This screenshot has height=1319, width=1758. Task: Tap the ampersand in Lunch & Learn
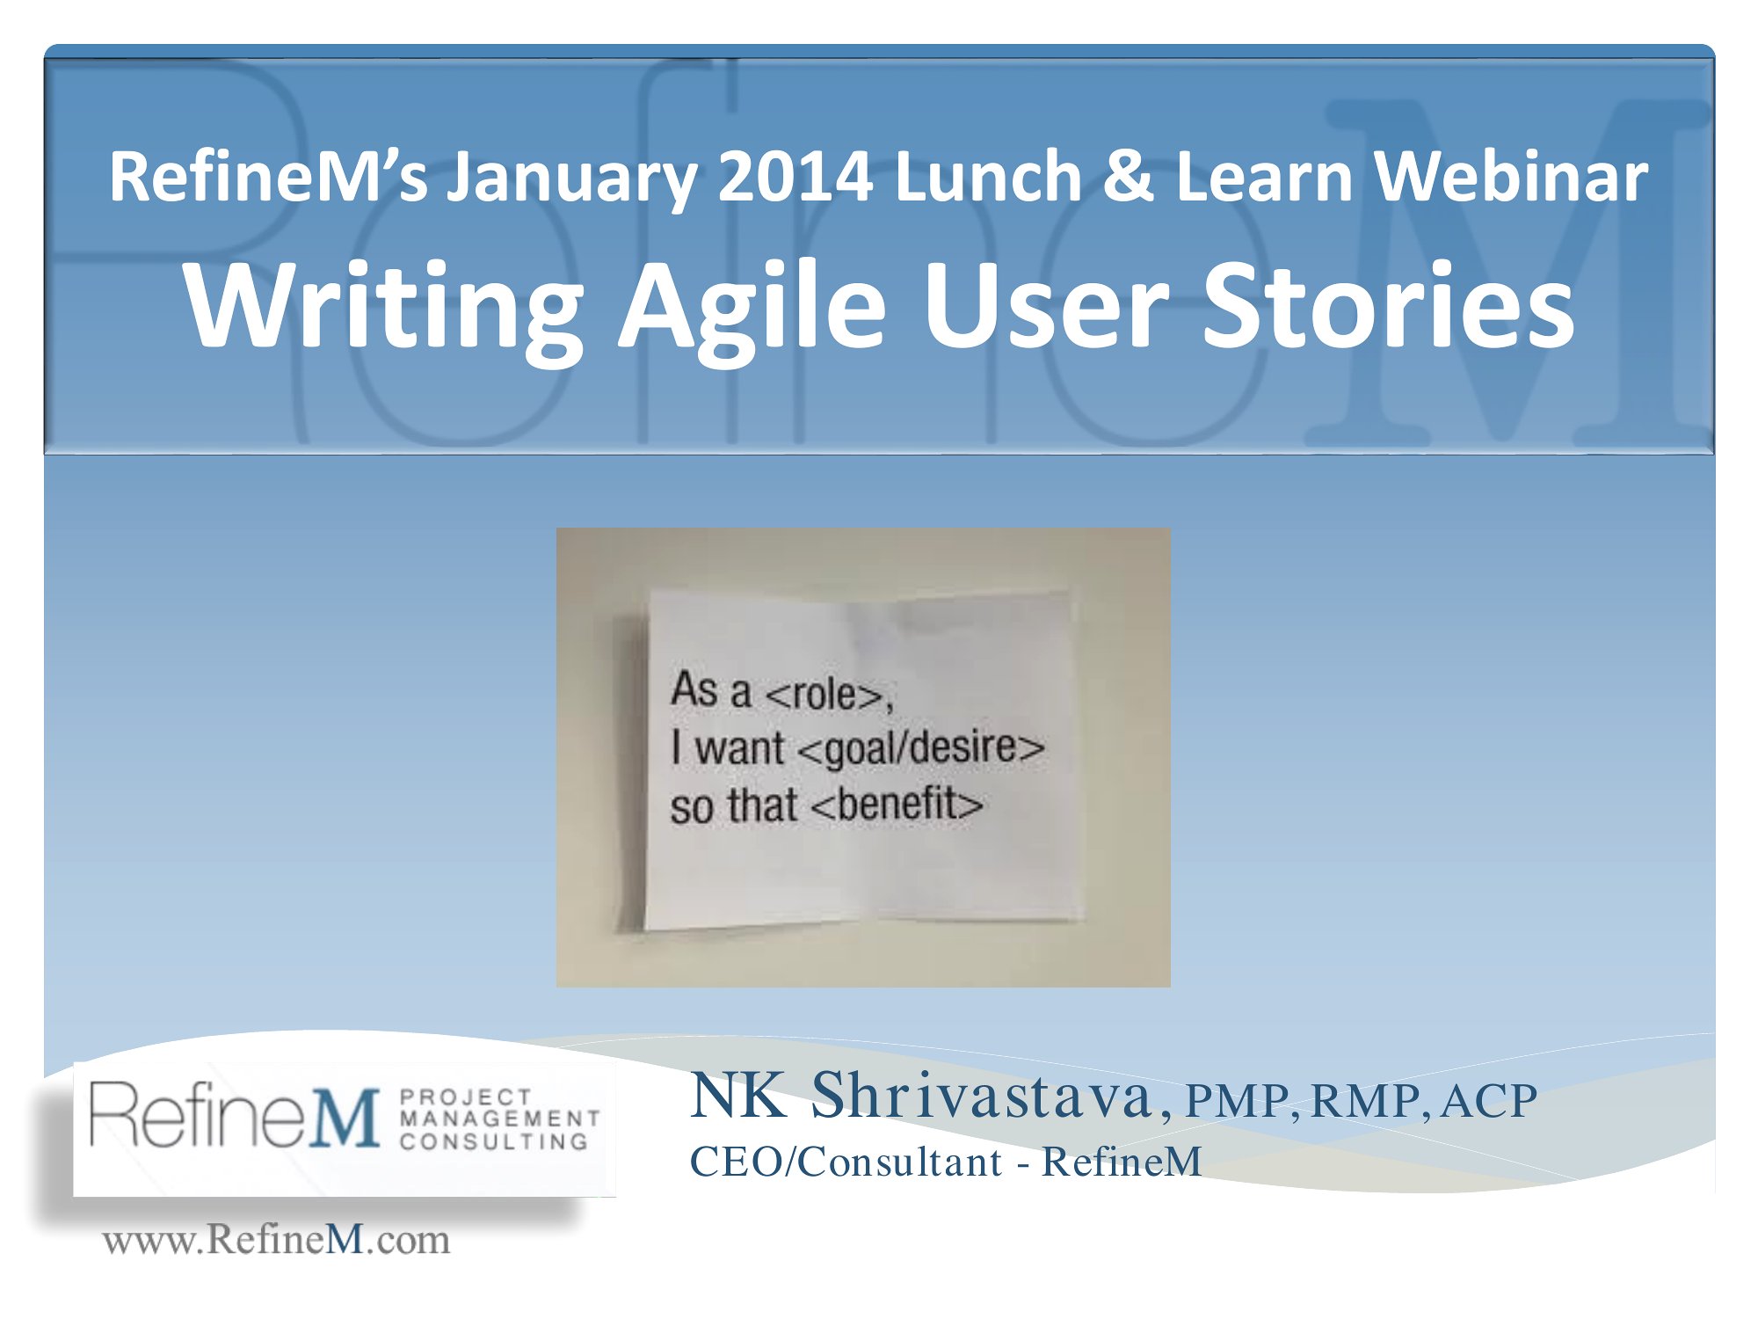point(1128,176)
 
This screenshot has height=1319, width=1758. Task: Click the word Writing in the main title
point(383,308)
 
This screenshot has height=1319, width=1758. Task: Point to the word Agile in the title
point(752,308)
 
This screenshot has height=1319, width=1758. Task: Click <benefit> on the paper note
point(897,804)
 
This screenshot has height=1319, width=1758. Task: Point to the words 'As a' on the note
point(711,689)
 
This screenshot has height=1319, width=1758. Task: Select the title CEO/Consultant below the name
point(846,1162)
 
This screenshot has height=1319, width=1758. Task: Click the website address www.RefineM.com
point(276,1240)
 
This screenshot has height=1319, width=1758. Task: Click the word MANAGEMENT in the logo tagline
point(499,1119)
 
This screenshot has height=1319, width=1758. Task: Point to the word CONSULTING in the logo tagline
point(494,1141)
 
